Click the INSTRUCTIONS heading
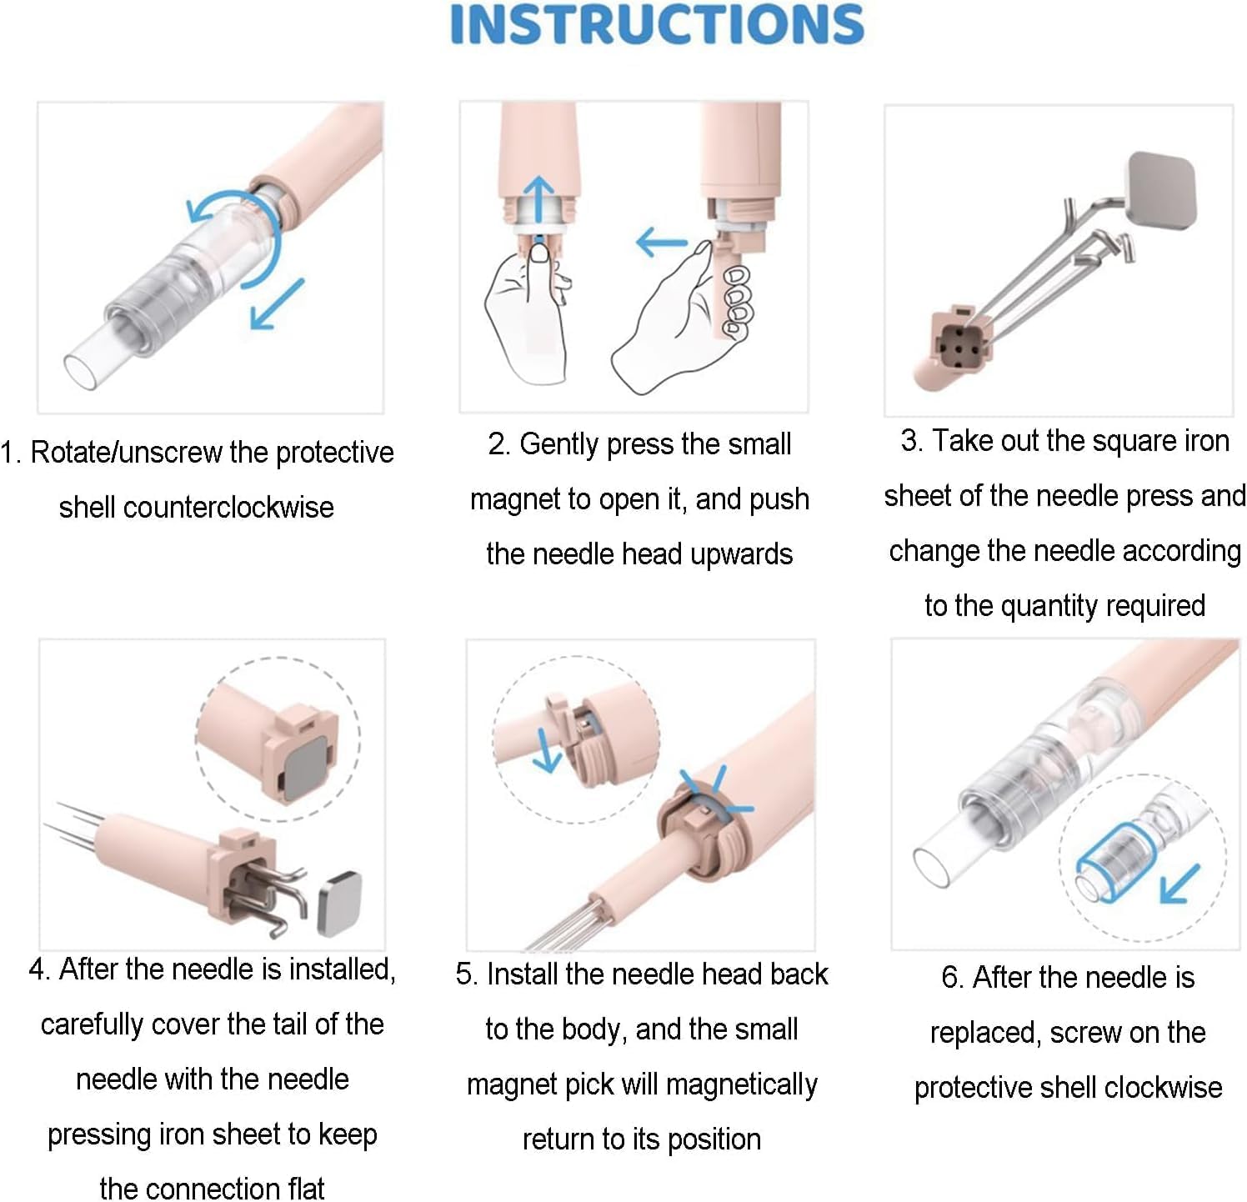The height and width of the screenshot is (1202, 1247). pyautogui.click(x=657, y=24)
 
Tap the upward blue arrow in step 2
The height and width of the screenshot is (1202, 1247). pyautogui.click(x=540, y=201)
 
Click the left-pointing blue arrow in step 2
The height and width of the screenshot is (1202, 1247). pyautogui.click(x=662, y=243)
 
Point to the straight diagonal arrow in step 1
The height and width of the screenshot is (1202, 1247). pyautogui.click(x=278, y=304)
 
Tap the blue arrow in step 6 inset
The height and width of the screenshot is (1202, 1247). pyautogui.click(x=1180, y=884)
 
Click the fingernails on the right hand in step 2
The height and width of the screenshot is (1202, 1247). pyautogui.click(x=737, y=301)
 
